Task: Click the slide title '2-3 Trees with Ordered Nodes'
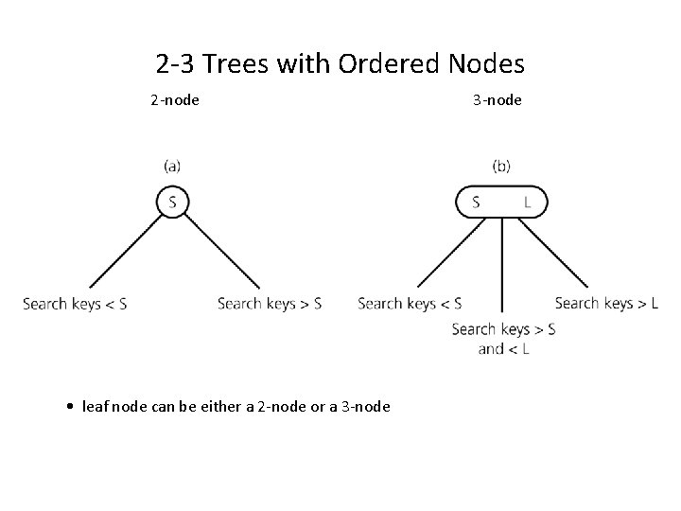tap(340, 64)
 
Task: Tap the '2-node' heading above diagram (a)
tap(174, 99)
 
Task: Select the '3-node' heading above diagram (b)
tap(497, 99)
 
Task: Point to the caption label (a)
tap(173, 166)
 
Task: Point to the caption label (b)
tap(501, 166)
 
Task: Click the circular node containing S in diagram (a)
tap(172, 201)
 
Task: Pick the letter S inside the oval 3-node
tap(476, 202)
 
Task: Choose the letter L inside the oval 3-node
tap(527, 202)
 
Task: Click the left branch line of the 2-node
tap(123, 251)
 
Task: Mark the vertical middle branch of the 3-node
tap(501, 265)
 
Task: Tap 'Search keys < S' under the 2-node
tap(75, 304)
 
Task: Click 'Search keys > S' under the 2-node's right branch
tap(270, 304)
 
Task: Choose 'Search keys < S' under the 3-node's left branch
tap(410, 304)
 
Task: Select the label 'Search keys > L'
tap(606, 304)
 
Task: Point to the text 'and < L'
tap(503, 349)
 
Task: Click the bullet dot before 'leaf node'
tap(73, 407)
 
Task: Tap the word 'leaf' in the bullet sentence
tap(95, 407)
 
